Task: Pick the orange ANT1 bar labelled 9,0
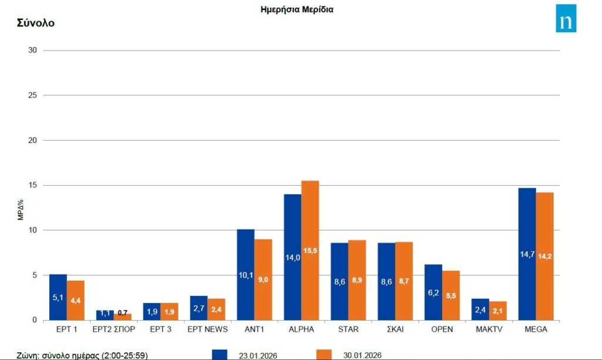click(x=263, y=279)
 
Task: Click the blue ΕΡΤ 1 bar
click(x=58, y=297)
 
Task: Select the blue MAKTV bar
click(x=480, y=309)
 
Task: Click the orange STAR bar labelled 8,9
click(x=357, y=280)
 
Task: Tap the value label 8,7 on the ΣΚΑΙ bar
click(x=404, y=281)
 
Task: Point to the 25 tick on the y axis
click(x=32, y=95)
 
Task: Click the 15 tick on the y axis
click(x=32, y=185)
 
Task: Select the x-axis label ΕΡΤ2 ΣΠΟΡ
click(x=113, y=330)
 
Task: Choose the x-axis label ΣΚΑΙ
click(x=395, y=330)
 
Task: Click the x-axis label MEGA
click(x=536, y=330)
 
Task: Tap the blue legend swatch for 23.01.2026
click(x=219, y=354)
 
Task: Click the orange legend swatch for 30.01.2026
click(x=324, y=354)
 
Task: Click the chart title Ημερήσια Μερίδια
click(x=297, y=9)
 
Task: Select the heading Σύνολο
click(x=36, y=24)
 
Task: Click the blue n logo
click(x=566, y=18)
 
